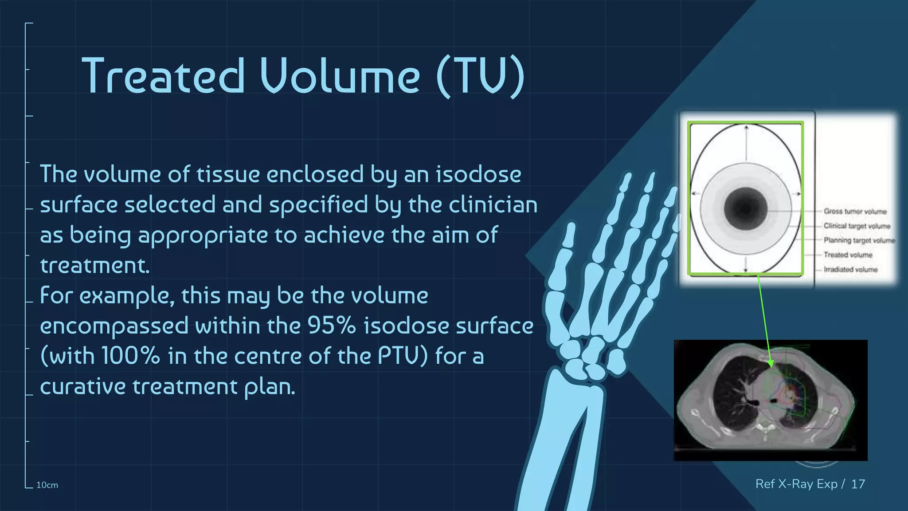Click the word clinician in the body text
493,204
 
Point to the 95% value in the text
331,326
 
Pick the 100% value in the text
130,356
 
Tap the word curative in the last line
82,386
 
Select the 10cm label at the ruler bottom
47,485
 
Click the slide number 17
858,484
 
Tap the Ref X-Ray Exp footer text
796,484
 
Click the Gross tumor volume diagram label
855,212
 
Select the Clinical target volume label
857,226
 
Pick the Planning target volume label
859,240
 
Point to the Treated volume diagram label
848,255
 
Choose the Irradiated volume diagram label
850,270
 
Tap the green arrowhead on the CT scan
771,363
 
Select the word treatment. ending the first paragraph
95,265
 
